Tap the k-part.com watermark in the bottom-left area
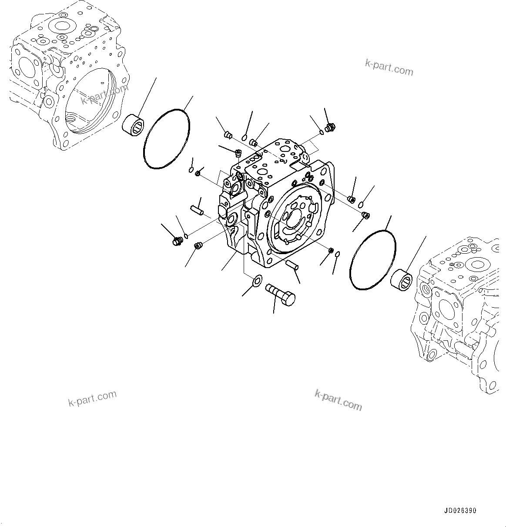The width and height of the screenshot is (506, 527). coord(93,398)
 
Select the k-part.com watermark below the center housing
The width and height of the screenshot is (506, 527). coord(338,400)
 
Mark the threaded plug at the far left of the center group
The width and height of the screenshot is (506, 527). coord(177,241)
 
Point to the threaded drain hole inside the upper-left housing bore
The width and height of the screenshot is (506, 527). coord(72,117)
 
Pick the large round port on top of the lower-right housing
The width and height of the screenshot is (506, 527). coord(477,265)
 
